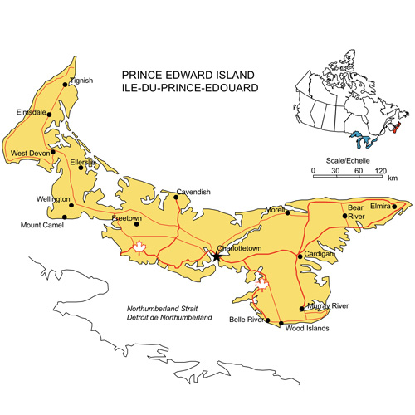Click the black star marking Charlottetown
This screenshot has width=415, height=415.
(x=217, y=257)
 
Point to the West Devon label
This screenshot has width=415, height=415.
(x=29, y=154)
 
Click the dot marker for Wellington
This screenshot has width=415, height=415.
(x=71, y=204)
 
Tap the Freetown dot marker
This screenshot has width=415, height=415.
(x=137, y=222)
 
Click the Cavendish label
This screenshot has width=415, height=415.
(x=193, y=192)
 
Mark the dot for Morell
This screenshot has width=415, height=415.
(x=288, y=212)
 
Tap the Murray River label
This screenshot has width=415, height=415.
(x=330, y=307)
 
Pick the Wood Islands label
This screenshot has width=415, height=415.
(x=307, y=329)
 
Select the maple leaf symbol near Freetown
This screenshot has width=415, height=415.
(x=139, y=247)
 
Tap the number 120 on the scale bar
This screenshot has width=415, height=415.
(x=380, y=171)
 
